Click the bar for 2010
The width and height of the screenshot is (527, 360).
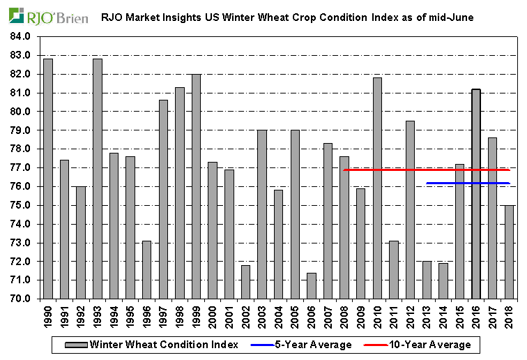click(378, 188)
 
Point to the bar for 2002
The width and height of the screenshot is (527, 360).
click(246, 282)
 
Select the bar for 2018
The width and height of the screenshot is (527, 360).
click(510, 252)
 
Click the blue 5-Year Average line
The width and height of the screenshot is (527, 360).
click(468, 183)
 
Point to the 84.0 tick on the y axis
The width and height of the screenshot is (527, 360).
click(21, 36)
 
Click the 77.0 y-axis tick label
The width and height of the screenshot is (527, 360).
click(21, 168)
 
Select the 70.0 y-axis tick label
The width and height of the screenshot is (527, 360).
click(21, 299)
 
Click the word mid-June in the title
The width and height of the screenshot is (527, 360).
click(450, 16)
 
